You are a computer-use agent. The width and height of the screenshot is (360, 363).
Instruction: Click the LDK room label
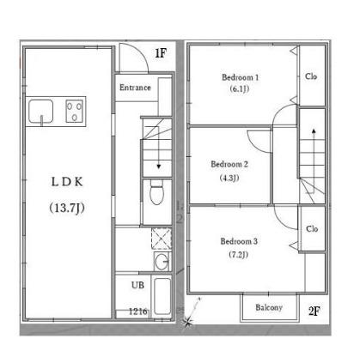(67, 182)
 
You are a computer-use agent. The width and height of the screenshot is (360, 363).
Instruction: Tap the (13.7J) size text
(67, 208)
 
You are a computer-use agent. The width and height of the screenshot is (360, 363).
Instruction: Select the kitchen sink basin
(41, 112)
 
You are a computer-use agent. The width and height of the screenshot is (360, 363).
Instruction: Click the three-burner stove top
(75, 111)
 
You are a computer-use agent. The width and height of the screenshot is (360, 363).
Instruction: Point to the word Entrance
(135, 88)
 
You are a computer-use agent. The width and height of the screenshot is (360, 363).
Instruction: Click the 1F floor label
(161, 53)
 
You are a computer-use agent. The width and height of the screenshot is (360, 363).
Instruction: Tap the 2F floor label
(314, 311)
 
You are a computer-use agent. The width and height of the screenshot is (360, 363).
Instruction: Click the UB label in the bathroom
(137, 285)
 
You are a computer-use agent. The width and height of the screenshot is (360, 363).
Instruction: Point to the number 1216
(138, 312)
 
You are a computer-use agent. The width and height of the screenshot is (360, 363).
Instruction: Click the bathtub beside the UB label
(162, 296)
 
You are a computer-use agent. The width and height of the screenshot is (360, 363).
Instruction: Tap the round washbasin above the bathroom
(162, 261)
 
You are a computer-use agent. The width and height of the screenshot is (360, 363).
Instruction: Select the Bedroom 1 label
(241, 77)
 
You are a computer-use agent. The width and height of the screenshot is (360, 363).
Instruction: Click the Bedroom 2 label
(229, 164)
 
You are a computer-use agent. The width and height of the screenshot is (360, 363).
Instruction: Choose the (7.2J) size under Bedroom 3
(238, 254)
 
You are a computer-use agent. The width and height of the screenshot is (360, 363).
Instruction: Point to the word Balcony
(269, 307)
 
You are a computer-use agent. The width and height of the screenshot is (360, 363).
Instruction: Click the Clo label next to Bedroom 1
(311, 76)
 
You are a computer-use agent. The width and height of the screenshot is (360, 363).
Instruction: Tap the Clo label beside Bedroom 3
(312, 229)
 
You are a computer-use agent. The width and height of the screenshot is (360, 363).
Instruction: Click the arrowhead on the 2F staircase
(314, 131)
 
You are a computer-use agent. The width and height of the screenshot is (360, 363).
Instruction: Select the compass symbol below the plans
(188, 323)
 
